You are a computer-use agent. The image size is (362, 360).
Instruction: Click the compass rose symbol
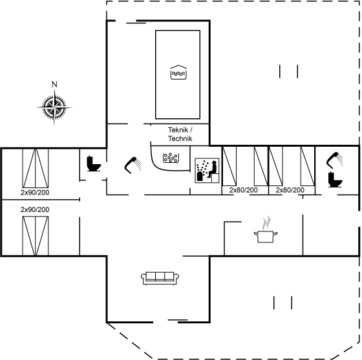pyautogui.click(x=54, y=107)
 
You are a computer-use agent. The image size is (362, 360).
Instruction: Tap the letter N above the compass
pyautogui.click(x=54, y=85)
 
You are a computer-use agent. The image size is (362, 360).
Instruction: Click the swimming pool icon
pyautogui.click(x=178, y=72)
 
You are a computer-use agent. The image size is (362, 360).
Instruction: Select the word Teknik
pyautogui.click(x=178, y=130)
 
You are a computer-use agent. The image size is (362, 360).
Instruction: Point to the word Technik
pyautogui.click(x=180, y=138)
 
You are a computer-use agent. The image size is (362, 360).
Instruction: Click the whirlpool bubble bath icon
pyautogui.click(x=171, y=158)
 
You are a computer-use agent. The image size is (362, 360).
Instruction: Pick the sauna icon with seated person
pyautogui.click(x=207, y=171)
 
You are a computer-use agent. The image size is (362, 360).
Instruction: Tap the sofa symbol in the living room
pyautogui.click(x=160, y=278)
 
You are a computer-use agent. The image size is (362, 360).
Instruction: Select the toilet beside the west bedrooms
pyautogui.click(x=94, y=164)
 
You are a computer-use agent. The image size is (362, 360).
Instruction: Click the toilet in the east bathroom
pyautogui.click(x=335, y=180)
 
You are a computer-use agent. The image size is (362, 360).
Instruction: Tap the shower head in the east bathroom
pyautogui.click(x=334, y=159)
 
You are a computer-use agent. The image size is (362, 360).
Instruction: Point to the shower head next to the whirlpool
pyautogui.click(x=133, y=165)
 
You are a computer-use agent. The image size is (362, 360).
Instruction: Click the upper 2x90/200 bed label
pyautogui.click(x=35, y=193)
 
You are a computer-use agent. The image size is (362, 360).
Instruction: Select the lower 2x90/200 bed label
pyautogui.click(x=35, y=209)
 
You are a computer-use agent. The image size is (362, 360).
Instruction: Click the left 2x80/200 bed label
pyautogui.click(x=243, y=190)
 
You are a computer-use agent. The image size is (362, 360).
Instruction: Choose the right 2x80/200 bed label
pyautogui.click(x=290, y=190)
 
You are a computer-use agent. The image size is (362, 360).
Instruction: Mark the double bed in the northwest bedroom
pyautogui.click(x=36, y=168)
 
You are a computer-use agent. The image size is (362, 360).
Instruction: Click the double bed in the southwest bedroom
pyautogui.click(x=36, y=236)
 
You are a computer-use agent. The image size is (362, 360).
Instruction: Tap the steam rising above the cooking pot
pyautogui.click(x=266, y=223)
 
